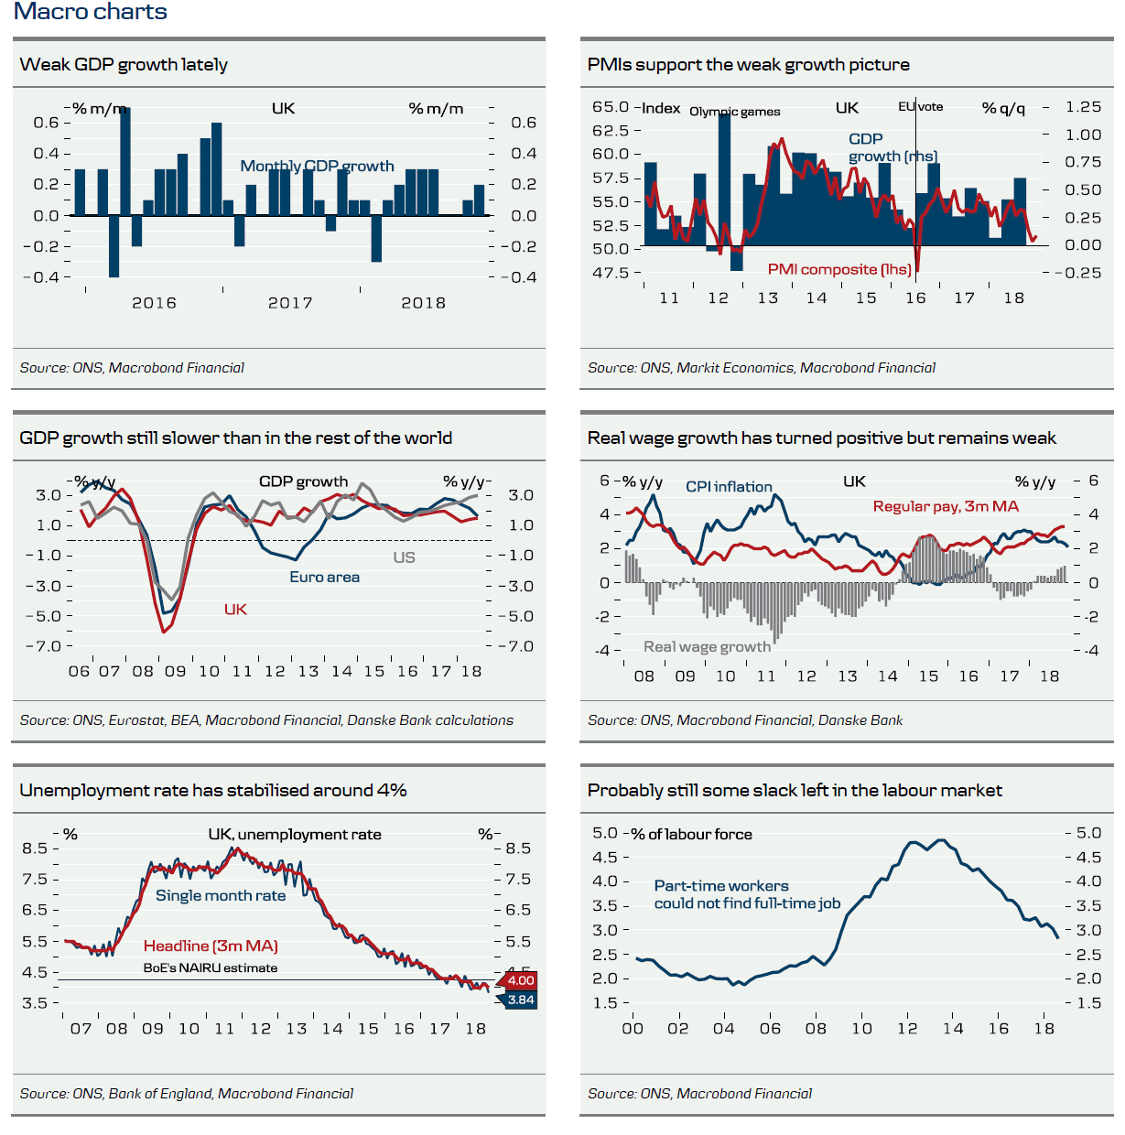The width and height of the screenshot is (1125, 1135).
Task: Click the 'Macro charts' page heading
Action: pyautogui.click(x=90, y=12)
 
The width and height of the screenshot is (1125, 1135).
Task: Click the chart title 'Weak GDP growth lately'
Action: pyautogui.click(x=124, y=64)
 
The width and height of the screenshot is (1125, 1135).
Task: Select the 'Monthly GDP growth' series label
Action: pyautogui.click(x=317, y=166)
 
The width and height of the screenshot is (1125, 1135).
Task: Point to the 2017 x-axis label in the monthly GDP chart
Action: pyautogui.click(x=290, y=303)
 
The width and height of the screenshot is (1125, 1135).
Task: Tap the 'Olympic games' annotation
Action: pyautogui.click(x=734, y=112)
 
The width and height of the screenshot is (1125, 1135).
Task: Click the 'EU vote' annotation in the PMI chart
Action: pyautogui.click(x=920, y=106)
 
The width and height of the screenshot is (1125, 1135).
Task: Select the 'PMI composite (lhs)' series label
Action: pyautogui.click(x=839, y=269)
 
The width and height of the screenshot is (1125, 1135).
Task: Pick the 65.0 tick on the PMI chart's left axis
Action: pyautogui.click(x=611, y=107)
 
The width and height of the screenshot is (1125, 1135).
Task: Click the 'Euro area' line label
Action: pyautogui.click(x=324, y=577)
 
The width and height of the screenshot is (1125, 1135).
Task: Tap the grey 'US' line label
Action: pyautogui.click(x=404, y=557)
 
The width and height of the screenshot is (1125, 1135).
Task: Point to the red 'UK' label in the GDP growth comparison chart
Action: pyautogui.click(x=235, y=609)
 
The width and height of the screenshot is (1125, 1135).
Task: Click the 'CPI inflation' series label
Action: pyautogui.click(x=729, y=487)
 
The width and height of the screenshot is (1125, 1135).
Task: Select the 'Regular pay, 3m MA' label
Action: pyautogui.click(x=946, y=506)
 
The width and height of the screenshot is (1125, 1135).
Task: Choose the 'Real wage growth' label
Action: pyautogui.click(x=707, y=646)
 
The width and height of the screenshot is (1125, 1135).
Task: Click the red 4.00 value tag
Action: pyautogui.click(x=520, y=980)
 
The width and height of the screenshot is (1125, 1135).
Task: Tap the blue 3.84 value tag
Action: pyautogui.click(x=520, y=1000)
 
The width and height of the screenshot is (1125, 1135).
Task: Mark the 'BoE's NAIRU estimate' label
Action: pyautogui.click(x=210, y=967)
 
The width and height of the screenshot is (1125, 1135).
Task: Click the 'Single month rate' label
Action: pyautogui.click(x=221, y=895)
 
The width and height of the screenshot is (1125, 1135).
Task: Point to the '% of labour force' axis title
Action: pyautogui.click(x=691, y=834)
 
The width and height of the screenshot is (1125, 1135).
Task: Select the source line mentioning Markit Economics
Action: pyautogui.click(x=761, y=367)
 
